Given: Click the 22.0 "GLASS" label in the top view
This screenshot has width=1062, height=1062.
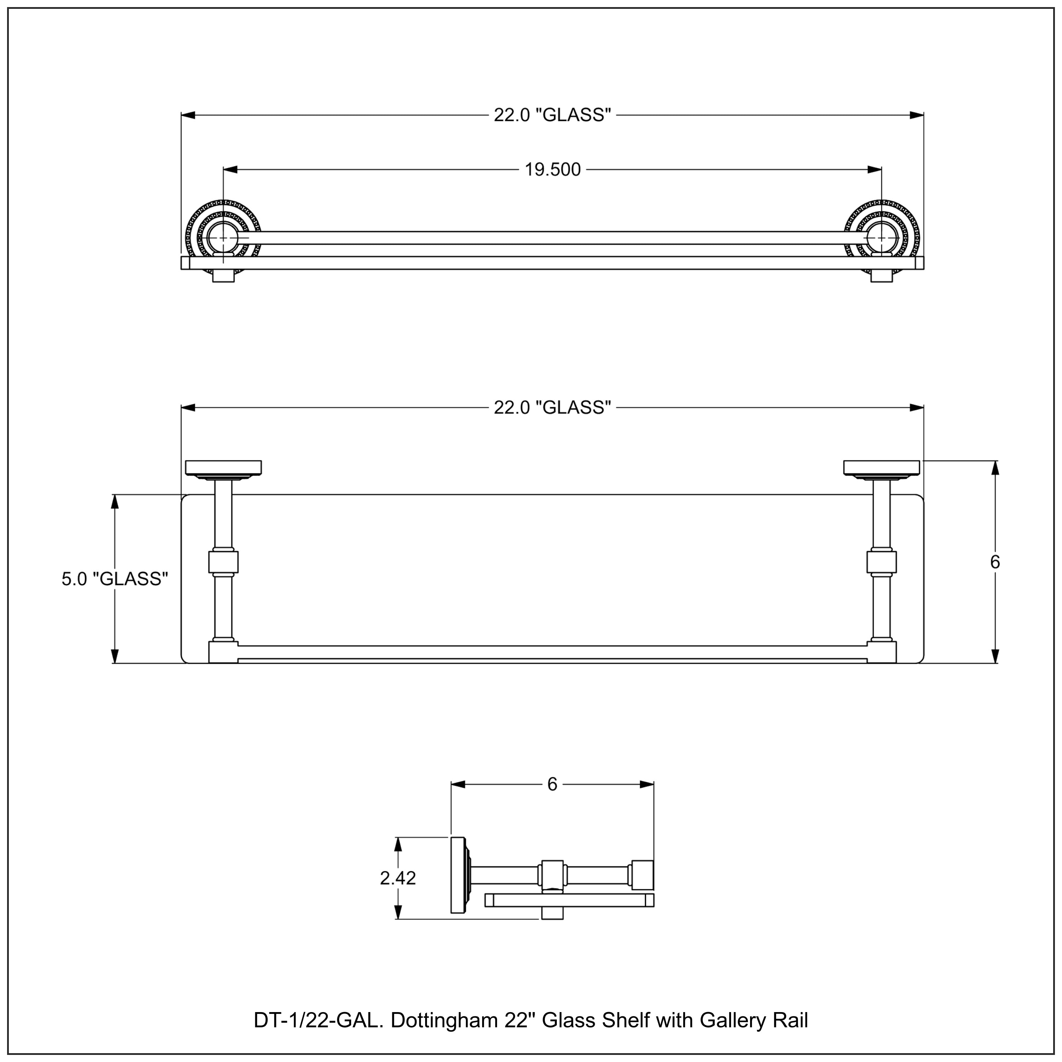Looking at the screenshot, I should (x=552, y=115).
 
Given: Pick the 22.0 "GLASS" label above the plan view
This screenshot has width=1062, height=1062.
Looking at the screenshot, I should (x=552, y=408).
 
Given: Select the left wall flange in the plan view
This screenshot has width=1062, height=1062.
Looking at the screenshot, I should (x=223, y=468).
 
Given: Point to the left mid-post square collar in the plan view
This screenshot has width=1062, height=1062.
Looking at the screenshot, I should (x=223, y=563).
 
